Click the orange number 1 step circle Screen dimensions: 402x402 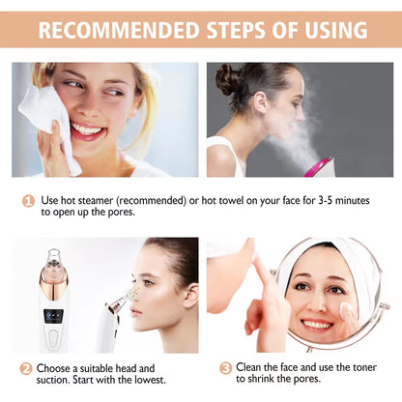(x=29, y=202)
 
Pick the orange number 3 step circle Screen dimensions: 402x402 (x=225, y=368)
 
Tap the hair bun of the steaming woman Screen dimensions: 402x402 (x=228, y=79)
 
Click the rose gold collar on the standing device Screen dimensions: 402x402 (x=55, y=282)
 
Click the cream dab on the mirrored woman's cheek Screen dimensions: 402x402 (x=345, y=311)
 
